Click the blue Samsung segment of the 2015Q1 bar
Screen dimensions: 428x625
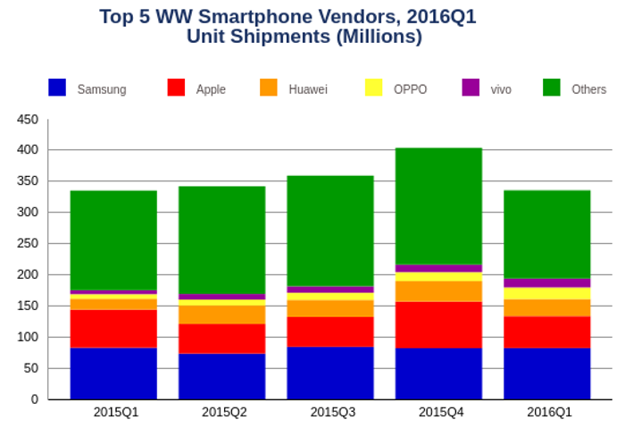[x=113, y=373]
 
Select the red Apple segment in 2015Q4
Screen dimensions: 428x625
[x=438, y=324]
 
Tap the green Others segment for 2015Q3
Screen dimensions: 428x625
[x=330, y=231]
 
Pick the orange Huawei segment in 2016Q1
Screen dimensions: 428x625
[x=546, y=307]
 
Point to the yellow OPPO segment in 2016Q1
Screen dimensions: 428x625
[x=546, y=293]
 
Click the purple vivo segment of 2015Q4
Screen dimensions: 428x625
[x=438, y=268]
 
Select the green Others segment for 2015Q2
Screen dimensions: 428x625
[x=221, y=239]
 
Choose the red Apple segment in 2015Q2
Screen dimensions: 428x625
[x=221, y=339]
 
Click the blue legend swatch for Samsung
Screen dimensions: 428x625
[x=57, y=88]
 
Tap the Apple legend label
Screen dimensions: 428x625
[x=211, y=89]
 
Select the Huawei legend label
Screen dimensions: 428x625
[x=308, y=89]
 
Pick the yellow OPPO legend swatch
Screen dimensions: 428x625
[x=373, y=88]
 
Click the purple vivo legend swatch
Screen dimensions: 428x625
[x=471, y=88]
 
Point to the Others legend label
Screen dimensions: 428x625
[x=588, y=89]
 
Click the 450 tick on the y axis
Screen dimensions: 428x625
[x=28, y=119]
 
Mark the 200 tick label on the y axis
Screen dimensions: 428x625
[x=28, y=275]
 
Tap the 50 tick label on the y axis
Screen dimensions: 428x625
[x=30, y=368]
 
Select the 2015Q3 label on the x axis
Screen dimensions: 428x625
[x=330, y=412]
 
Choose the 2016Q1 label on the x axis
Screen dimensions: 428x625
[x=546, y=412]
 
